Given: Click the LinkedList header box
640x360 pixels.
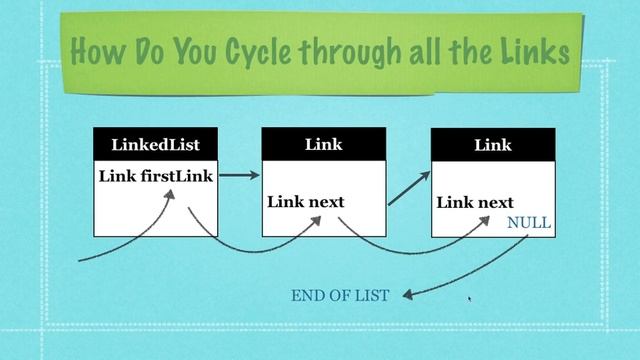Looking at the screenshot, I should pos(154,144).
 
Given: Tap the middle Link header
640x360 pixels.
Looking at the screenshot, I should pos(323,144).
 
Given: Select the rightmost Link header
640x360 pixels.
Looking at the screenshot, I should pos(492,144).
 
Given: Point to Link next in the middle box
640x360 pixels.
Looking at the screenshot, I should pos(305,202).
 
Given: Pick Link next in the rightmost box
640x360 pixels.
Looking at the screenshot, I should pos(474,203).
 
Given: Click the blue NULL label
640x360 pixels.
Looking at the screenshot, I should pos(529,223).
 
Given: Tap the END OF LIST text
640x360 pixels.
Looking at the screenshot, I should pos(339,295).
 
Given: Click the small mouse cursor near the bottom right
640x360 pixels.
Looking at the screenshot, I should pos(469,297).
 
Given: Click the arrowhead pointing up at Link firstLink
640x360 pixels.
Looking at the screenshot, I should pos(169,196).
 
